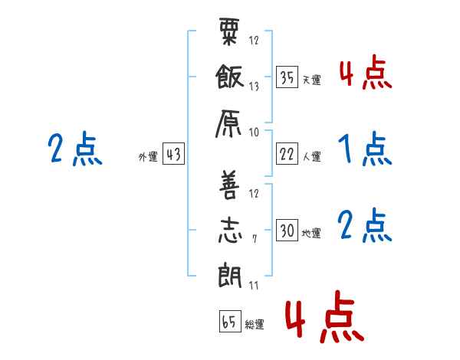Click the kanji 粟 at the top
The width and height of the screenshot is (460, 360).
tap(229, 31)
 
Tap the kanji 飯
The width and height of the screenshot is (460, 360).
tap(229, 77)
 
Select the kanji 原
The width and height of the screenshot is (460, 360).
tap(228, 123)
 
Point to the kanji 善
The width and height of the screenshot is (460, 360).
tap(228, 185)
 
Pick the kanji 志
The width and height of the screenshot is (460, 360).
tap(230, 231)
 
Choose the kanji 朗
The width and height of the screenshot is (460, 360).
tap(230, 276)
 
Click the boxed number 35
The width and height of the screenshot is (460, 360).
tap(287, 77)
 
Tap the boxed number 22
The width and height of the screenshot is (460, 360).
tap(287, 154)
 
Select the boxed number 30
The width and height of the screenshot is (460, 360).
tap(287, 230)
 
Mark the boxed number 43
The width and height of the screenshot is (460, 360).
tap(173, 154)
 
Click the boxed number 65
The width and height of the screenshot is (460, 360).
tap(230, 321)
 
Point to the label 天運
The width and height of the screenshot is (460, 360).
tap(312, 80)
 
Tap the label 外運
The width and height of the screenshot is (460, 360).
tap(148, 157)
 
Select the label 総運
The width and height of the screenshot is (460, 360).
tap(255, 325)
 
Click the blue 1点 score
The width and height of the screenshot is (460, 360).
tap(365, 149)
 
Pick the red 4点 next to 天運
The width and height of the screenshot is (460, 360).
tap(366, 72)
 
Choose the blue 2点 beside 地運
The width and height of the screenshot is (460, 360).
tap(365, 225)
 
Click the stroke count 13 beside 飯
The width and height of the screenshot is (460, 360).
tap(254, 87)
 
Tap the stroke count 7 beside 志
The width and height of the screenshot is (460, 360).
tap(255, 239)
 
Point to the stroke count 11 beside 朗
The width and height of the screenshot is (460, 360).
tap(254, 285)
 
